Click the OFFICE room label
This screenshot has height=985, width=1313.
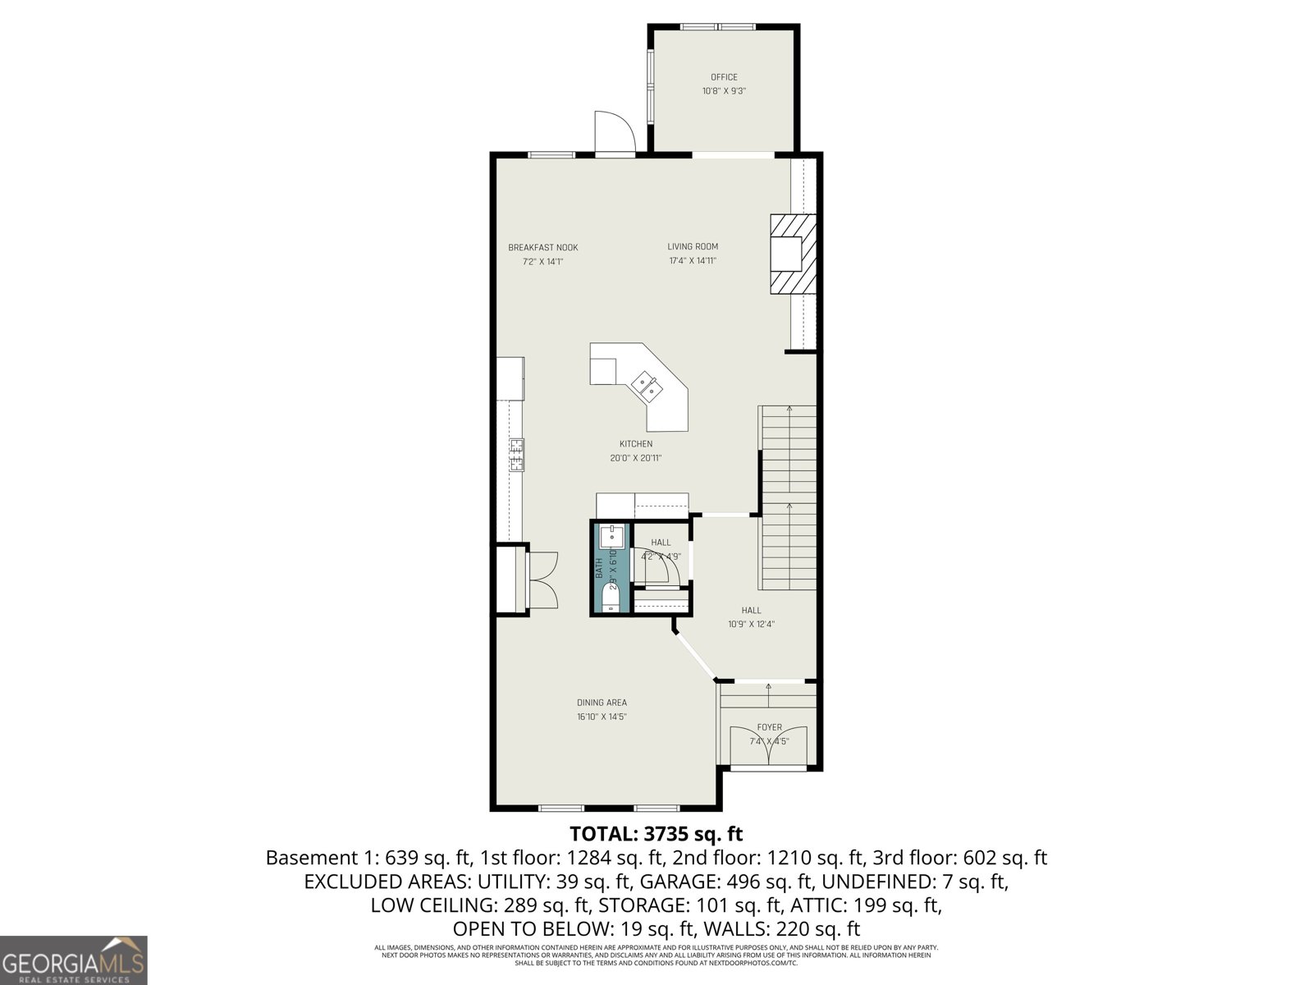click(x=724, y=77)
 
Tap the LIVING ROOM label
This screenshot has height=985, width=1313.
click(x=693, y=246)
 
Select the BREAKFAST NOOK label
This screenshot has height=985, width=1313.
click(x=542, y=247)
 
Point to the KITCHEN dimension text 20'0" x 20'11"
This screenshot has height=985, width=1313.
click(x=635, y=458)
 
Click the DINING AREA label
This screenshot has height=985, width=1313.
click(x=602, y=703)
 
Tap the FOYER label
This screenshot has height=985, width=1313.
click(x=769, y=727)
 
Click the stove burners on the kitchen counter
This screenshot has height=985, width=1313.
click(x=517, y=456)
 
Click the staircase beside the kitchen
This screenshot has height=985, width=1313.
click(x=789, y=497)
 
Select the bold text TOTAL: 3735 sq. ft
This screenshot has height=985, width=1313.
click(x=656, y=834)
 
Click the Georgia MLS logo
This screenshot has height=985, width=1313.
click(x=74, y=960)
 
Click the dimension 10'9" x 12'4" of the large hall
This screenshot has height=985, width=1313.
click(x=751, y=624)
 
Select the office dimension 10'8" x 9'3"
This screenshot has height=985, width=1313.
click(x=724, y=92)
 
